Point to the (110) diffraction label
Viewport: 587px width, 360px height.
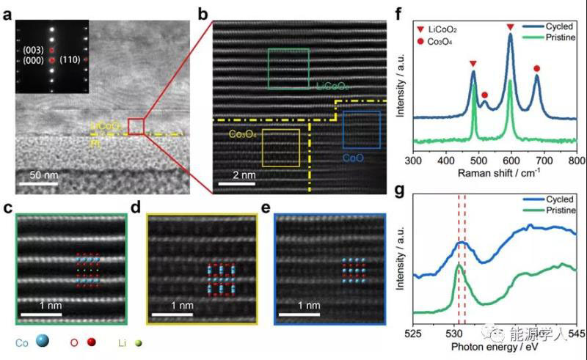pos(70,59)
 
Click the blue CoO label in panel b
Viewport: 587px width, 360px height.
pos(354,158)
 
